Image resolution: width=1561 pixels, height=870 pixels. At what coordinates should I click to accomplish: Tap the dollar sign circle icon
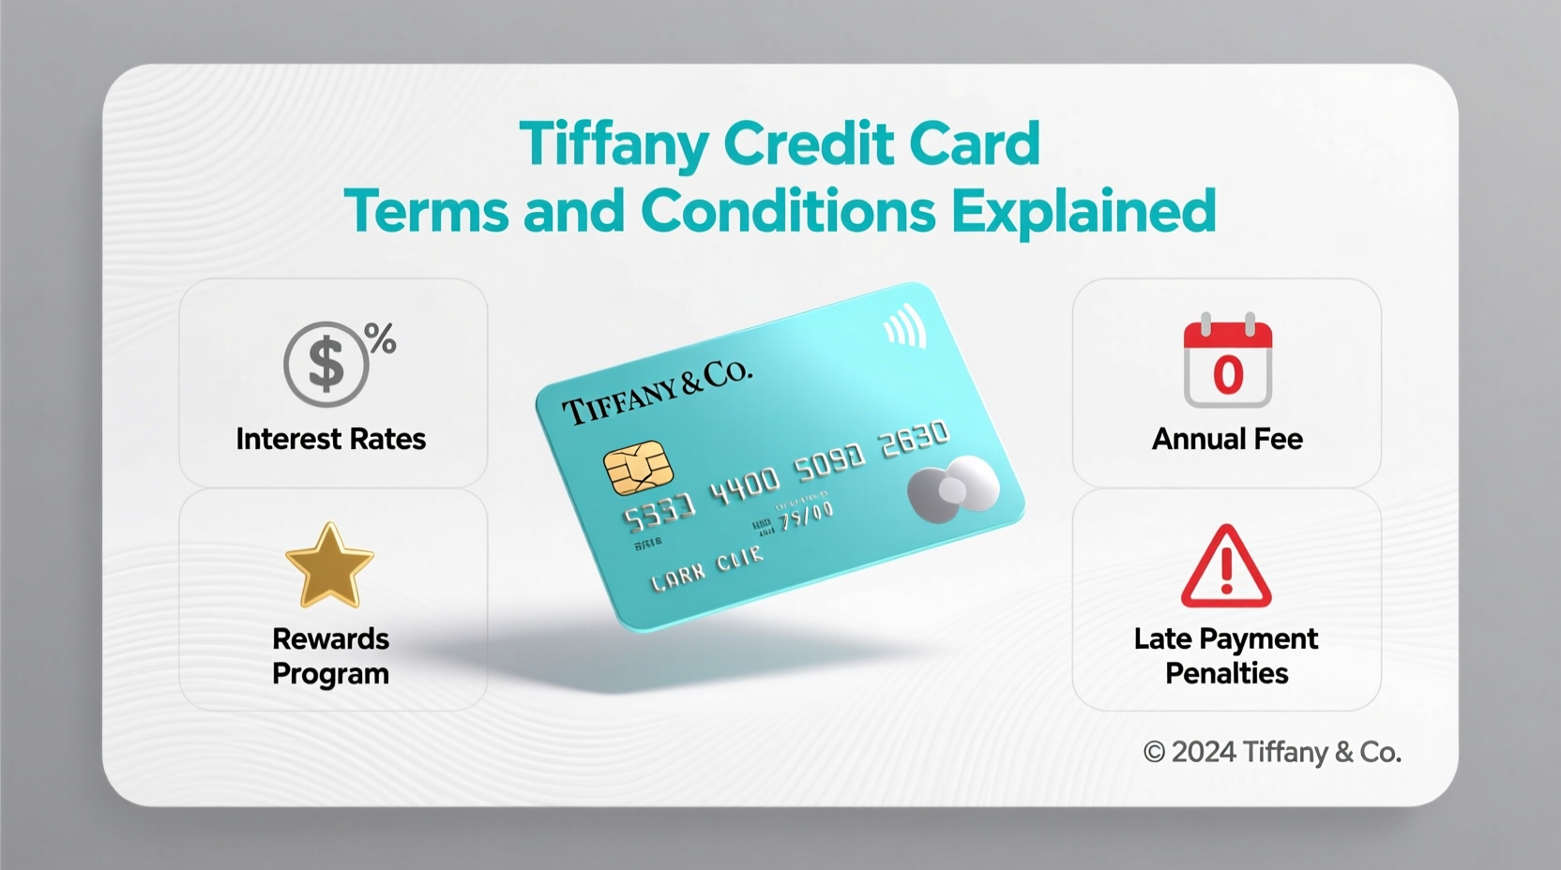[326, 365]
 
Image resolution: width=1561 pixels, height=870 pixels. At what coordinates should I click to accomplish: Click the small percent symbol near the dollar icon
[381, 338]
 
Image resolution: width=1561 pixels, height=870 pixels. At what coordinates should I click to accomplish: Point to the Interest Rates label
[330, 439]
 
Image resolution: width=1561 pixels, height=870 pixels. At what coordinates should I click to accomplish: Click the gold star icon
[329, 565]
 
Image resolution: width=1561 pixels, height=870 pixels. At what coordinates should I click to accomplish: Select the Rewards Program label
[330, 656]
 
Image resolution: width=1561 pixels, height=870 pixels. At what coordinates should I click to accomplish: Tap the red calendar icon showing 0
[1227, 363]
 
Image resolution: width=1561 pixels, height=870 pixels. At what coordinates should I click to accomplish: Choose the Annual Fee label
[1227, 439]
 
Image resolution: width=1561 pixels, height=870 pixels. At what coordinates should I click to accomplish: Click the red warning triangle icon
[1226, 567]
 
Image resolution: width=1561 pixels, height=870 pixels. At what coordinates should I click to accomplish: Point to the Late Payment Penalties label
[1226, 656]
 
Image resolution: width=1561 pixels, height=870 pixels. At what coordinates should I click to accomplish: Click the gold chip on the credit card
[638, 467]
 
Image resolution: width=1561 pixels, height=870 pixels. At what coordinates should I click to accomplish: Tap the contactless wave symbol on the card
[906, 328]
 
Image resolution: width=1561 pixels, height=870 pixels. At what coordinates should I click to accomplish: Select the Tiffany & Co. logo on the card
[657, 392]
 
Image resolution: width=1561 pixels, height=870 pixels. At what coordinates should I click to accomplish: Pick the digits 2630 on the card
[914, 439]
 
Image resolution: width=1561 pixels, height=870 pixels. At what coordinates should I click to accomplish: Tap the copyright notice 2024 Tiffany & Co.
[1272, 752]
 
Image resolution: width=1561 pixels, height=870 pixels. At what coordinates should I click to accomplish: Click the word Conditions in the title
[788, 211]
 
